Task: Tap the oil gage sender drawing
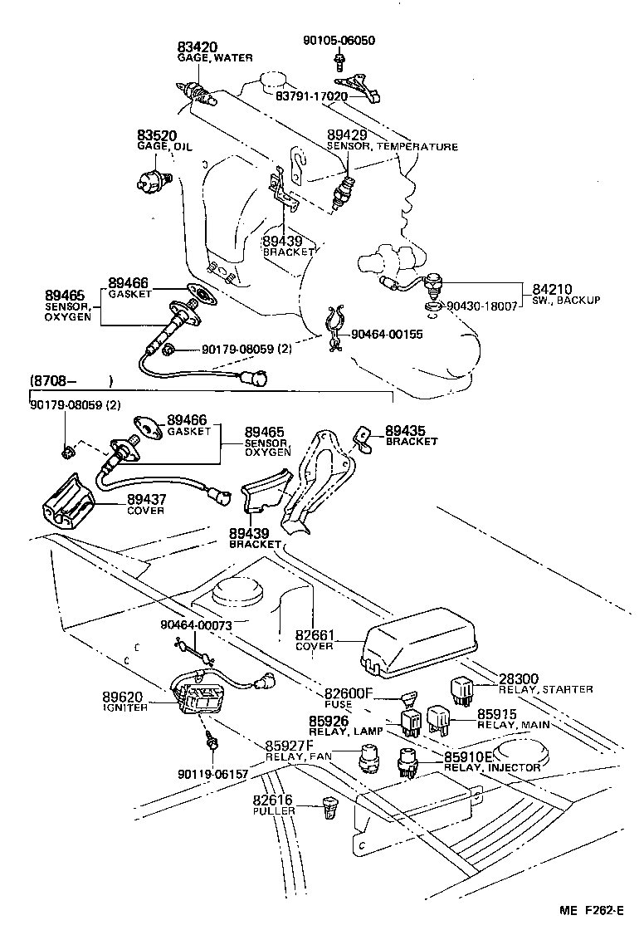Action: pyautogui.click(x=154, y=176)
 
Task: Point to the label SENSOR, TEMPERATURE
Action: pyautogui.click(x=392, y=147)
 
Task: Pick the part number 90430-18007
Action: pyautogui.click(x=482, y=306)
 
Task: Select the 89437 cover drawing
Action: pyautogui.click(x=67, y=501)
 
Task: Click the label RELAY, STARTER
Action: pyautogui.click(x=546, y=689)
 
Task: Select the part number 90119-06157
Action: pyautogui.click(x=212, y=774)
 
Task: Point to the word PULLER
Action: pyautogui.click(x=274, y=810)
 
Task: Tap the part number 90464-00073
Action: pyautogui.click(x=196, y=624)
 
